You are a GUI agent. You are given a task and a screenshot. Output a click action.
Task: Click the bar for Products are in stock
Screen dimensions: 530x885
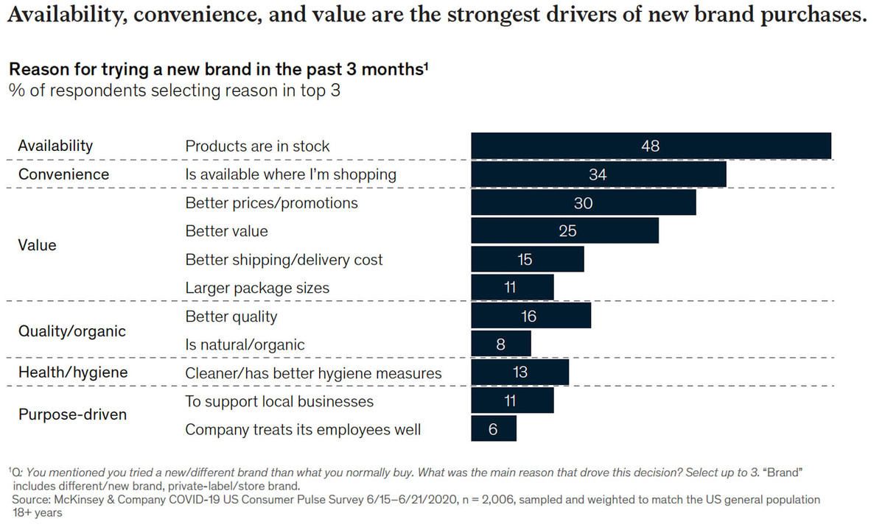pos(651,146)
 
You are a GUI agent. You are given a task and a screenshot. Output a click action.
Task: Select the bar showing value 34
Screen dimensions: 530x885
pos(598,174)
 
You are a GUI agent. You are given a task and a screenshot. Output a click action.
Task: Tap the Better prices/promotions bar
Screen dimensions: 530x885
pos(583,203)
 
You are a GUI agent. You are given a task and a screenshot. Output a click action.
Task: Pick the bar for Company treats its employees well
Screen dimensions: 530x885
pos(494,429)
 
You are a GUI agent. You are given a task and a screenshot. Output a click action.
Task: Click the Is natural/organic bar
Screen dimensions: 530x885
pos(501,344)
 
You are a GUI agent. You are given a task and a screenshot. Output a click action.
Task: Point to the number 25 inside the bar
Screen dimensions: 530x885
pos(567,231)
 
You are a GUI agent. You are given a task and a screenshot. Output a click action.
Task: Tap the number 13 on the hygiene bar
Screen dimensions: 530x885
pos(520,372)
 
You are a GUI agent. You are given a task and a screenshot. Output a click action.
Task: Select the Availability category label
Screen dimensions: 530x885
pos(55,146)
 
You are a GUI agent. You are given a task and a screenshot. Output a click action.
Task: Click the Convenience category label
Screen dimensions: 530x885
pos(63,174)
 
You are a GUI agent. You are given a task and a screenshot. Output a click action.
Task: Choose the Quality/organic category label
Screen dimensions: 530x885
pos(72,331)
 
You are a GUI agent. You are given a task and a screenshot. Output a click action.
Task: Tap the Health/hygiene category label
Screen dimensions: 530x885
pos(73,372)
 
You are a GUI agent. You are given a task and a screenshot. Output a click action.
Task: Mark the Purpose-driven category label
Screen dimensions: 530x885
pos(72,414)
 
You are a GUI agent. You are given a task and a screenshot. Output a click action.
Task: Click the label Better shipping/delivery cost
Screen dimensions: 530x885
pos(284,260)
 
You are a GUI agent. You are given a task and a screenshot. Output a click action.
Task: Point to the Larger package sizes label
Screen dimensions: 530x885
pos(257,288)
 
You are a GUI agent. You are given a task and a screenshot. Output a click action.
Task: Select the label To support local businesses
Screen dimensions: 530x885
pos(279,401)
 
